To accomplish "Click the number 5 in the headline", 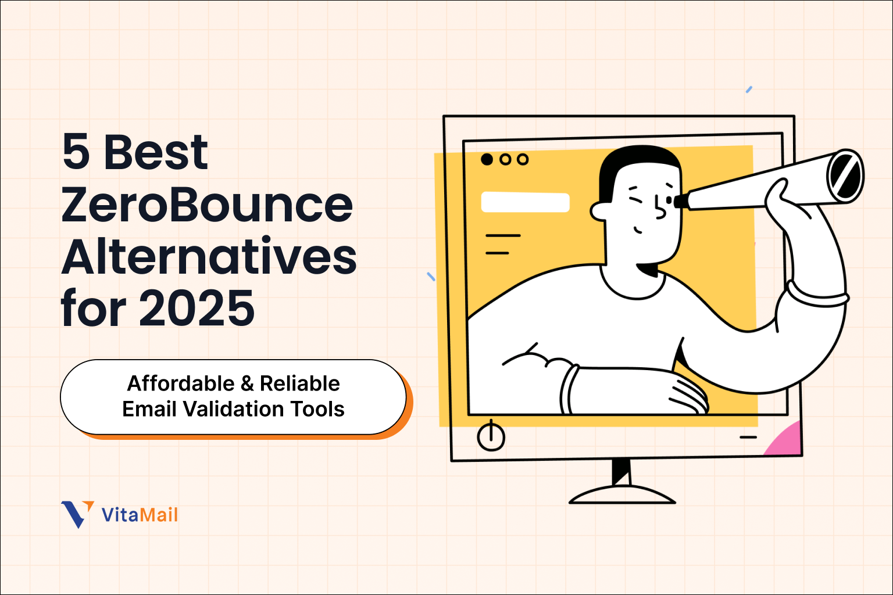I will pos(77,152).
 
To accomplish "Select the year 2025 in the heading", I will pos(197,308).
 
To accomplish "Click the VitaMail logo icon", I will pos(77,514).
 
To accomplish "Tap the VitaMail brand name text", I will pos(140,515).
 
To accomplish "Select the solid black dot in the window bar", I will pos(487,159).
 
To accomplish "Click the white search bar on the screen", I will pos(525,202).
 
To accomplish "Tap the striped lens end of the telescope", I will pos(845,176).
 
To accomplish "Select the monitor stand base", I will pos(621,496).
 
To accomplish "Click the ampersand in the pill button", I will pos(247,383).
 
